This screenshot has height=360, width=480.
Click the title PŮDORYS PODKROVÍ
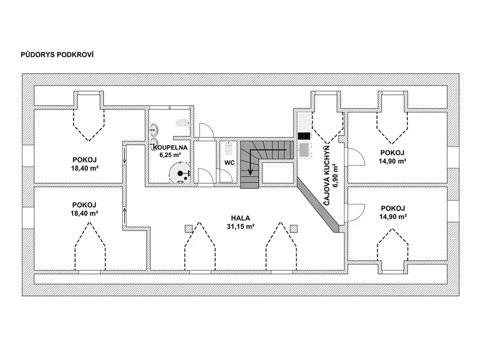(x=57, y=54)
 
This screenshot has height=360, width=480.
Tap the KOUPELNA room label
(x=170, y=147)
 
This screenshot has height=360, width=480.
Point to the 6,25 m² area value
(x=170, y=155)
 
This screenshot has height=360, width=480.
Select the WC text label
(x=230, y=163)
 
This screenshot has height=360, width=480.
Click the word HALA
(x=240, y=218)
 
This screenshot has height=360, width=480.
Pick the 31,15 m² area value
(x=240, y=226)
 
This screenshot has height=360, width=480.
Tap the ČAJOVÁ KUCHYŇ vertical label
(x=327, y=175)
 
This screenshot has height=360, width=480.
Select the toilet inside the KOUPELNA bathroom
(x=183, y=123)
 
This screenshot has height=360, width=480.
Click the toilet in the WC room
(x=229, y=149)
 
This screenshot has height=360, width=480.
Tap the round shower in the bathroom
(x=180, y=173)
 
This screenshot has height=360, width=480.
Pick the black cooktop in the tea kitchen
(x=304, y=136)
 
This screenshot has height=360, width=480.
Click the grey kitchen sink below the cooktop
(x=305, y=150)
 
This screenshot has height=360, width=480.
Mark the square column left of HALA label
(x=188, y=229)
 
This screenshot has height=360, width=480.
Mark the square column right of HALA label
(x=294, y=228)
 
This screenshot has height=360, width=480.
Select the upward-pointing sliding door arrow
(x=125, y=216)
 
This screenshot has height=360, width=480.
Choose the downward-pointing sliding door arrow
(x=125, y=155)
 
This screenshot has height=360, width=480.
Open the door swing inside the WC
(x=226, y=176)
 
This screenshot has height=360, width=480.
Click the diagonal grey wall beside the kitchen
(x=318, y=205)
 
